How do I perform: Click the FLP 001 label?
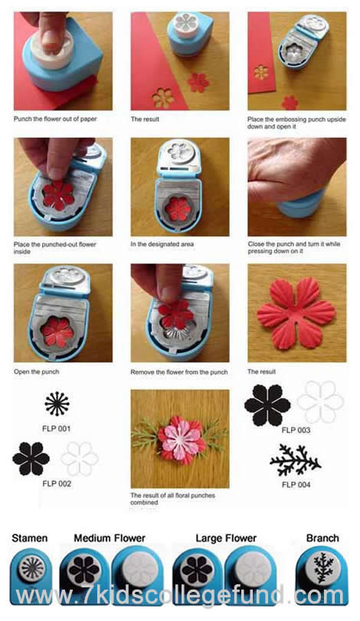[56, 429]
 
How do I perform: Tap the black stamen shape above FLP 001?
[57, 404]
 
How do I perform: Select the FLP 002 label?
[57, 484]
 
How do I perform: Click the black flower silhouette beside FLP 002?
[31, 459]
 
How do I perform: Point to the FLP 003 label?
[296, 430]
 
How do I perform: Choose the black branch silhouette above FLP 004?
[296, 459]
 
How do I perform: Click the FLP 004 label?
[296, 485]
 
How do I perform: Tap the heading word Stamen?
[30, 538]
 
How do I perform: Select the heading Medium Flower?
[110, 538]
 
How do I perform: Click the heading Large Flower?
[226, 538]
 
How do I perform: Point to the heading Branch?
[322, 538]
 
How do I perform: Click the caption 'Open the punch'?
[37, 372]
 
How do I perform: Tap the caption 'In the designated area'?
[162, 244]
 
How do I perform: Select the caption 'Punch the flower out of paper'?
[55, 119]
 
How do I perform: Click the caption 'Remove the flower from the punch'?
[179, 372]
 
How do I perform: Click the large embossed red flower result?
[296, 313]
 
